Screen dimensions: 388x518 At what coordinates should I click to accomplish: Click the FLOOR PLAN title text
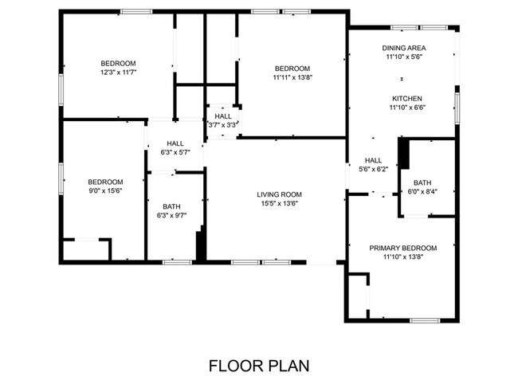click(x=258, y=366)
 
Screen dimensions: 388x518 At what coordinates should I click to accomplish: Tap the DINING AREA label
click(x=403, y=48)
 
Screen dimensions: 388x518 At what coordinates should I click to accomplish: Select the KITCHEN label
click(x=406, y=98)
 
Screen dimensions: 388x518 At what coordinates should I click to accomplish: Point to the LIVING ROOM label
click(x=279, y=194)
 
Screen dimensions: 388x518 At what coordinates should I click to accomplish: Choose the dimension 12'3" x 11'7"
click(x=118, y=73)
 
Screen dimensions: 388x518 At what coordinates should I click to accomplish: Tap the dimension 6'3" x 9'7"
click(x=171, y=215)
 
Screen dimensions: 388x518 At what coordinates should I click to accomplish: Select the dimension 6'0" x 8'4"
click(x=422, y=191)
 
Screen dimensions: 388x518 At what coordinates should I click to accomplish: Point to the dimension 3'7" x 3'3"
click(x=223, y=125)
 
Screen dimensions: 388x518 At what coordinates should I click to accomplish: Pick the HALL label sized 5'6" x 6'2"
click(x=374, y=159)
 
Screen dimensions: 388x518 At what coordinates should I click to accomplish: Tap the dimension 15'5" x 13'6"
click(x=279, y=203)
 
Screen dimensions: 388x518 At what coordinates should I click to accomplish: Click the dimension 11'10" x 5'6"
click(x=403, y=57)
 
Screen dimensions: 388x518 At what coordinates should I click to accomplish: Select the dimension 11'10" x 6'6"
click(x=406, y=108)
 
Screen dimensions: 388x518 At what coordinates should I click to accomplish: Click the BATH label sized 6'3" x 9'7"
click(x=171, y=206)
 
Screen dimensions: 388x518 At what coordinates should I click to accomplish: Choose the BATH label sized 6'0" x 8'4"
click(x=422, y=182)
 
